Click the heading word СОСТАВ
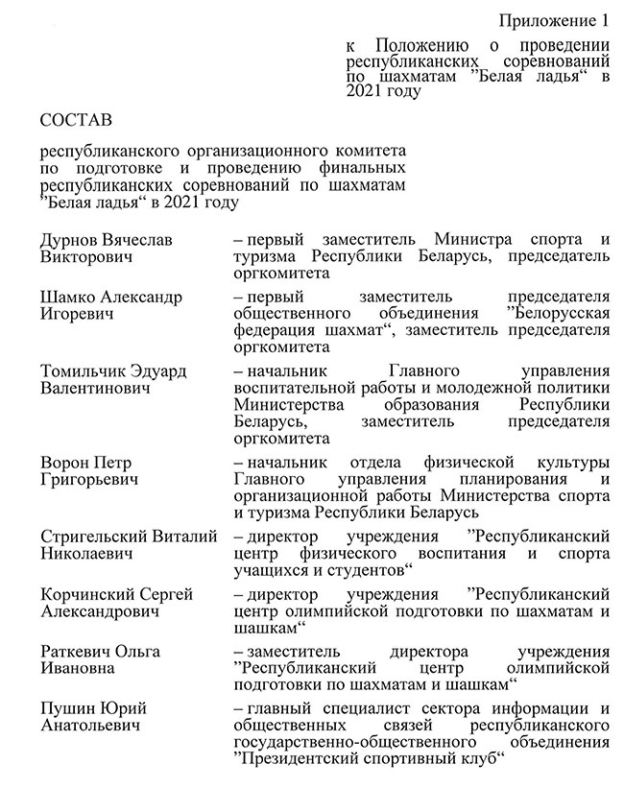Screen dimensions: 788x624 [76, 121]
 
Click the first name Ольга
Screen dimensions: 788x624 [138, 652]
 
